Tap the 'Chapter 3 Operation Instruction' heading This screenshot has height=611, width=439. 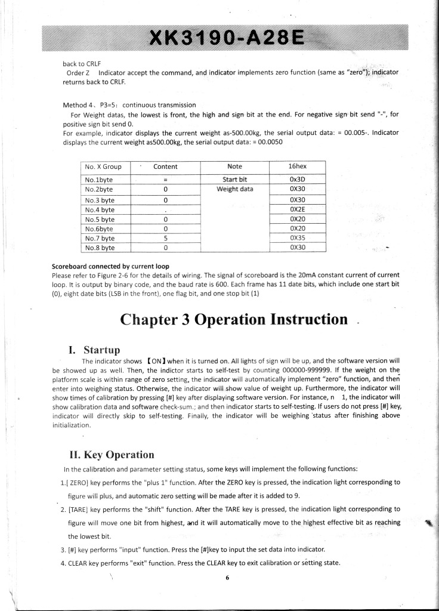click(x=234, y=319)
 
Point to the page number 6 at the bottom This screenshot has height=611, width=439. click(x=227, y=578)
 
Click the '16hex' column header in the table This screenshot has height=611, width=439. click(x=297, y=167)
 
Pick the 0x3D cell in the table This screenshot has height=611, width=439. click(x=297, y=179)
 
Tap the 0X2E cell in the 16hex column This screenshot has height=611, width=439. click(x=297, y=209)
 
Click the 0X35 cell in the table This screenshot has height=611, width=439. click(x=297, y=237)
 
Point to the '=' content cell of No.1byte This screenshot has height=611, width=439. click(x=165, y=179)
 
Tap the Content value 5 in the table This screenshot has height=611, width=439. click(x=165, y=237)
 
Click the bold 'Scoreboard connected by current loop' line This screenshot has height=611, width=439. click(x=111, y=266)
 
